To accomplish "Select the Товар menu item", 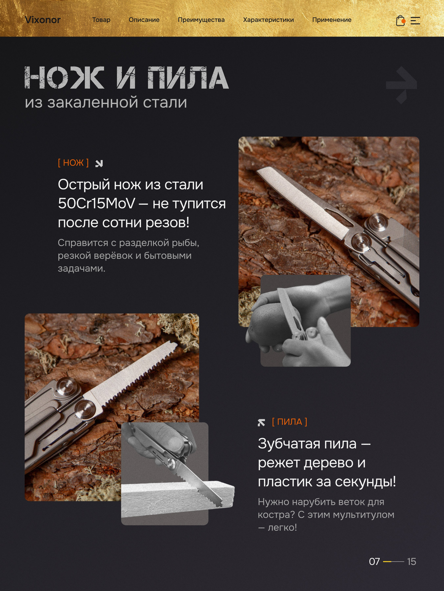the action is click(101, 20).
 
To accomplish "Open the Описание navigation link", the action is click(144, 20).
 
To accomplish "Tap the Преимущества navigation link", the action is click(201, 20).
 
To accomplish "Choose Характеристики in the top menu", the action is click(268, 20).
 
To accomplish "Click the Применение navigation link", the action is click(332, 20).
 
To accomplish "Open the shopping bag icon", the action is click(400, 21).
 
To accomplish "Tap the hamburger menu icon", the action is click(415, 21).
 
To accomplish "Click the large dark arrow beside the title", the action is click(402, 85).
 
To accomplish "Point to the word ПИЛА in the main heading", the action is click(188, 78).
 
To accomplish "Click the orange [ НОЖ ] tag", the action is click(73, 162).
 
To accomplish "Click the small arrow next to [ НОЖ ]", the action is click(99, 163).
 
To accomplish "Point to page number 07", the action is click(374, 562).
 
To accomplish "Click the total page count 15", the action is click(412, 562).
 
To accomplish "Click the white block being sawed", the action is click(178, 495).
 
